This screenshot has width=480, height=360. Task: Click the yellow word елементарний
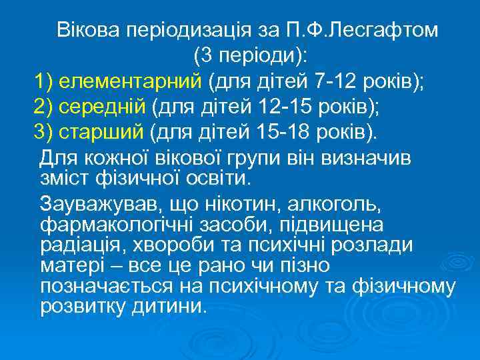coord(130,82)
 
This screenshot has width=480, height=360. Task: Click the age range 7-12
coord(331,82)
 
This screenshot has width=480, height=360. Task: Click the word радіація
coord(77,245)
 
